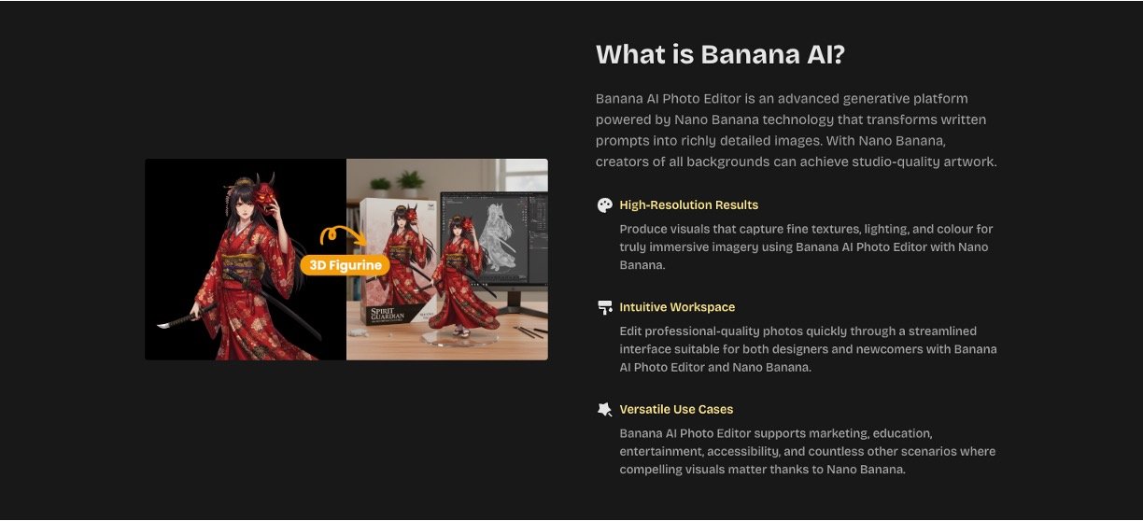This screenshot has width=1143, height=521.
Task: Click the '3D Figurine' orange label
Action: pos(345,265)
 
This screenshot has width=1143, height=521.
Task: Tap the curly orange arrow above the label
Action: pos(343,232)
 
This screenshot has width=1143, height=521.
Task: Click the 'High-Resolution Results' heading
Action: pos(688,205)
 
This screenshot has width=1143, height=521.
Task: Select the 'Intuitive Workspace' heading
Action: pos(677,307)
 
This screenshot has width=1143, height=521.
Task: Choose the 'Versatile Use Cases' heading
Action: pos(676,409)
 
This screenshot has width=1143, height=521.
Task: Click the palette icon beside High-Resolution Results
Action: pos(605,205)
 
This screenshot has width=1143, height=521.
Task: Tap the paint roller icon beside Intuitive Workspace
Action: pos(605,307)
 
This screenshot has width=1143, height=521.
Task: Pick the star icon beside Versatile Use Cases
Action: pos(605,409)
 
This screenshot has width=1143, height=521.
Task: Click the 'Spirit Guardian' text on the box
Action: pos(387,314)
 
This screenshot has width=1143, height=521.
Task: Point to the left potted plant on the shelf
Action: pos(380,187)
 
